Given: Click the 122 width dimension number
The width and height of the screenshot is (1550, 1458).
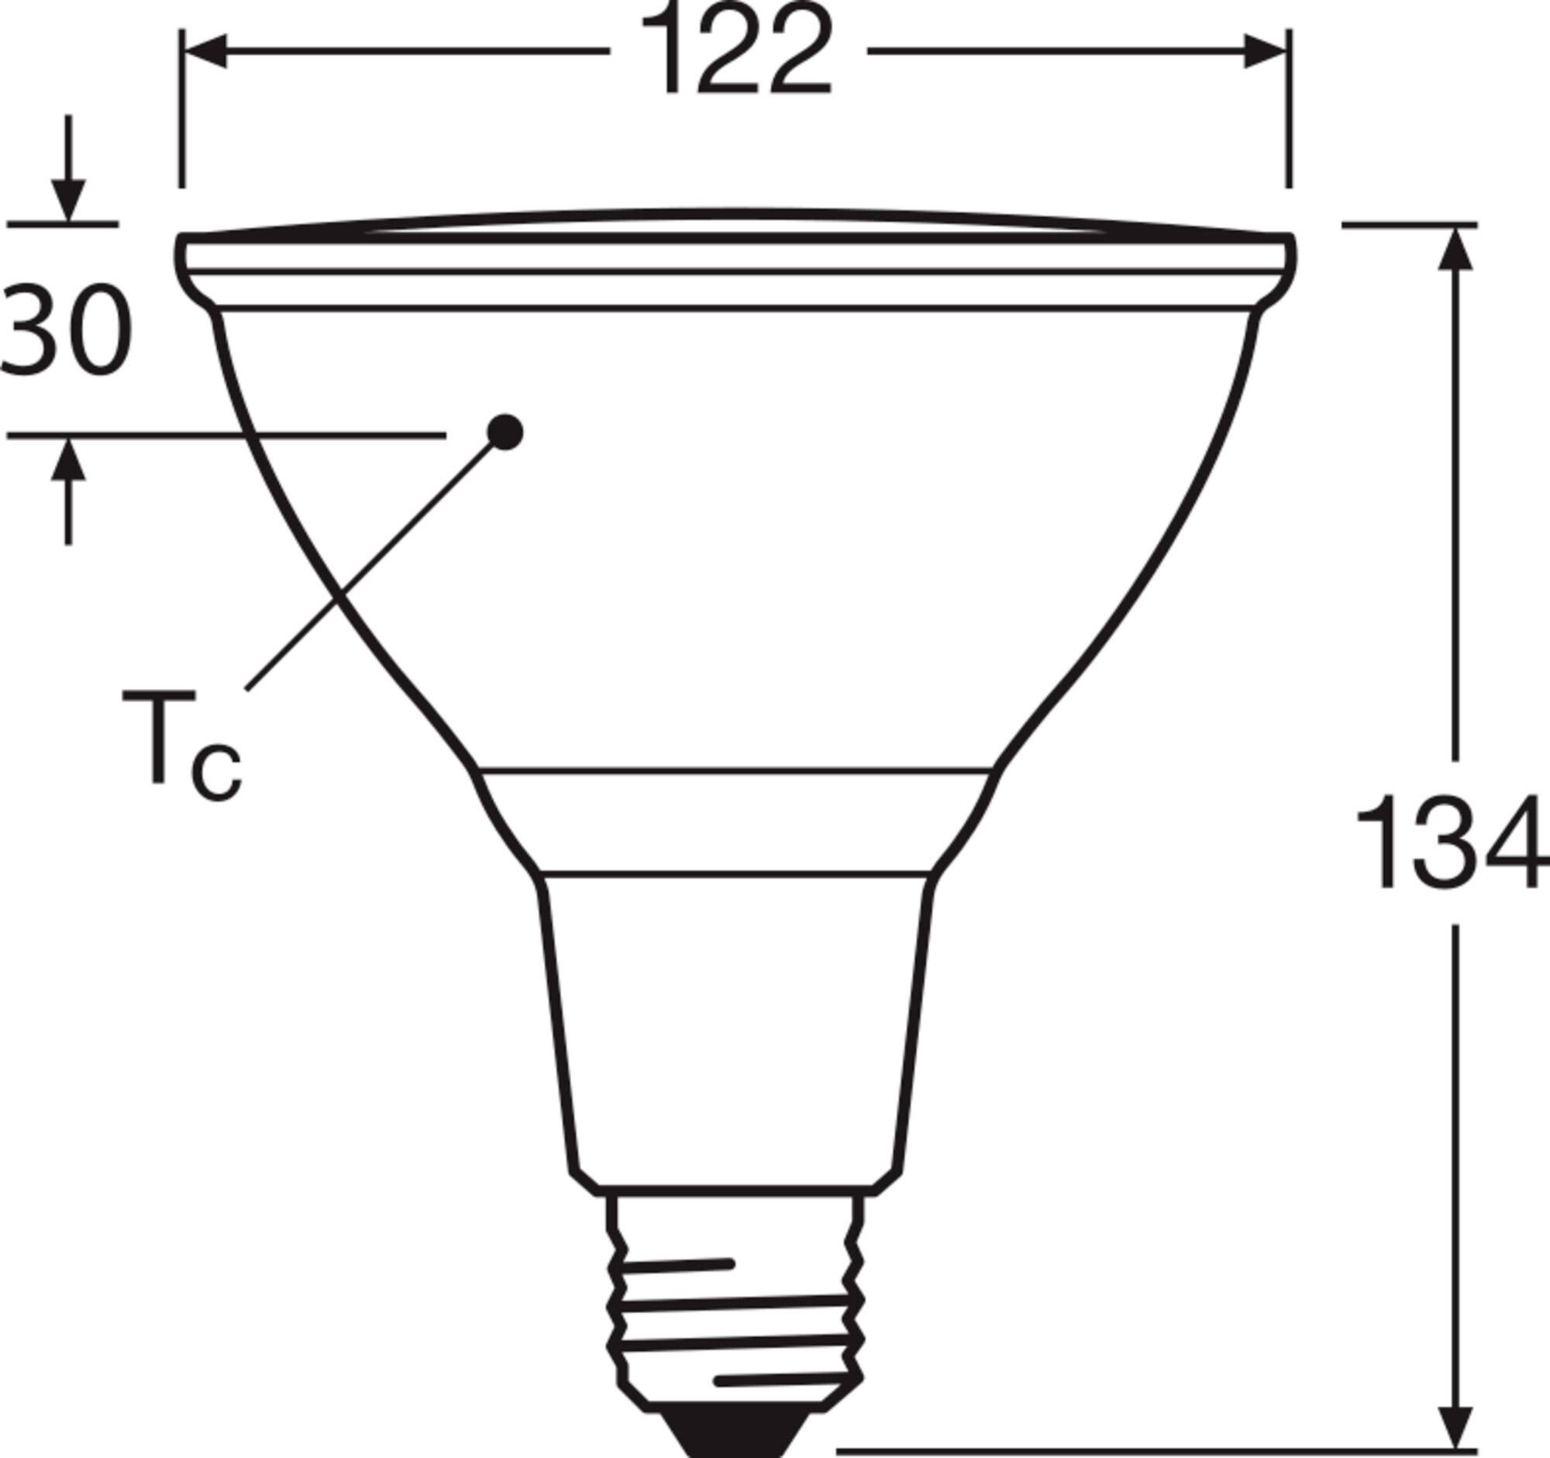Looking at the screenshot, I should click(x=736, y=51).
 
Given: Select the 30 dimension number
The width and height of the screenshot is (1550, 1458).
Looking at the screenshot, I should click(x=66, y=330).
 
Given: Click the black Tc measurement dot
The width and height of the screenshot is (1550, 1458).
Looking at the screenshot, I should click(x=505, y=431).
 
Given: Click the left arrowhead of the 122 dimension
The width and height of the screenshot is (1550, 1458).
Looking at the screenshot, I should click(x=205, y=51).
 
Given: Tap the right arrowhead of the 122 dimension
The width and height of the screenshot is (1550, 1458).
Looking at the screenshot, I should click(x=1264, y=51).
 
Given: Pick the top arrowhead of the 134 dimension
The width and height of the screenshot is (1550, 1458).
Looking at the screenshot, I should click(x=1454, y=248).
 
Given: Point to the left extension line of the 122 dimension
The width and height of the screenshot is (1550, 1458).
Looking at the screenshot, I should click(x=181, y=109).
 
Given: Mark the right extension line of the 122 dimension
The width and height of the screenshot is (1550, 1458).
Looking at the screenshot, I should click(x=1289, y=109).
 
